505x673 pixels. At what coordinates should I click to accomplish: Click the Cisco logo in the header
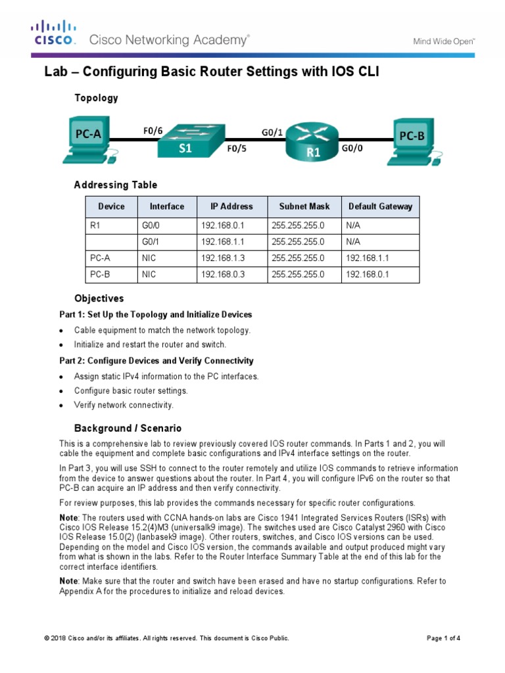coord(55,33)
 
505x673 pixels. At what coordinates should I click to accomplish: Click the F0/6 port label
coord(153,131)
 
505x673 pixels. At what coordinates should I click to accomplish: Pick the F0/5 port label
coord(237,149)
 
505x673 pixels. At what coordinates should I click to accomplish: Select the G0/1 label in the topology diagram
coord(272,132)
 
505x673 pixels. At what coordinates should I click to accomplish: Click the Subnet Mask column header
coord(304,206)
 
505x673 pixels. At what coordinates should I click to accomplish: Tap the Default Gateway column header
coord(380,206)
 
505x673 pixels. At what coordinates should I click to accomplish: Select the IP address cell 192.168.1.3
coord(223,258)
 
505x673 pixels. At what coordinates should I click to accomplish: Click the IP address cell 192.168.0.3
coord(223,275)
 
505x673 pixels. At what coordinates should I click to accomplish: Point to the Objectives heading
coord(99,298)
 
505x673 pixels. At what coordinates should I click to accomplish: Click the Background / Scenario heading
coord(128,428)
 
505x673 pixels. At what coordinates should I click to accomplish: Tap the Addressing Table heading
coord(115,185)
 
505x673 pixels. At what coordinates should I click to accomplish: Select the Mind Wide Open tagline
coord(444,41)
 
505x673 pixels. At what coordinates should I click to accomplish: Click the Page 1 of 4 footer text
coord(443,638)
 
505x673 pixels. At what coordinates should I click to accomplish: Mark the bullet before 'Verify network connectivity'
coord(61,405)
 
